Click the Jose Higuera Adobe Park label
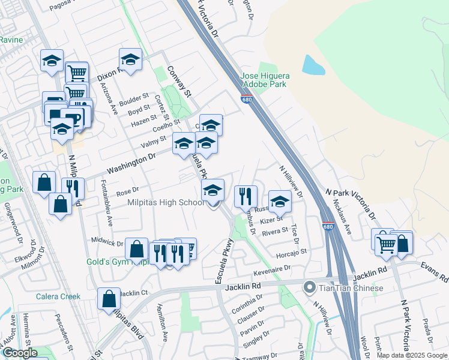pyautogui.click(x=265, y=80)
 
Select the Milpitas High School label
pyautogui.click(x=166, y=202)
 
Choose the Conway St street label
pyautogui.click(x=179, y=82)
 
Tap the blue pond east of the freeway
pyautogui.click(x=313, y=65)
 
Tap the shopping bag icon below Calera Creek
pyautogui.click(x=109, y=298)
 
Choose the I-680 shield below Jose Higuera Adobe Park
pyautogui.click(x=247, y=99)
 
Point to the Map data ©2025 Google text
pyautogui.click(x=411, y=355)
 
